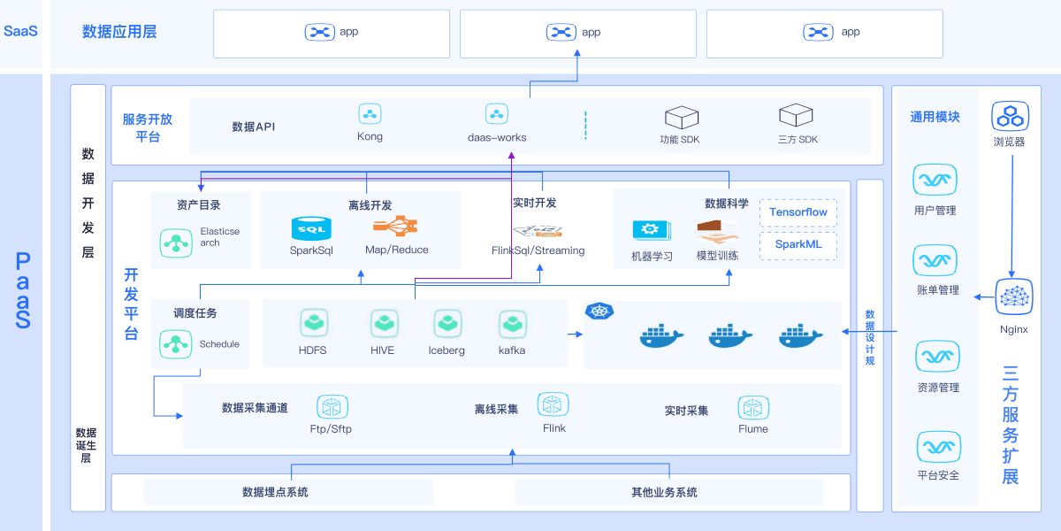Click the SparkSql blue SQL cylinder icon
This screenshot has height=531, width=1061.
[311, 228]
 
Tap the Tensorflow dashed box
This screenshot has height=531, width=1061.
[798, 212]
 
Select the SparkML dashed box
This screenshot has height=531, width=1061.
[798, 245]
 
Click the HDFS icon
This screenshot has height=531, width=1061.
[314, 323]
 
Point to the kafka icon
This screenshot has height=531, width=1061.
[513, 325]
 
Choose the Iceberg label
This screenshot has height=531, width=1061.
[447, 350]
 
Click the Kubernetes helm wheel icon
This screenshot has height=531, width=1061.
[599, 311]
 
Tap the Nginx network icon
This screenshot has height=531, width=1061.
[1014, 296]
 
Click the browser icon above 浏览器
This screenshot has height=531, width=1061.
[1011, 116]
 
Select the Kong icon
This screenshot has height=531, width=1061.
[370, 114]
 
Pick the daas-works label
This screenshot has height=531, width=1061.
[497, 137]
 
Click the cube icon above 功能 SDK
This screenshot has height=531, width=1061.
[682, 117]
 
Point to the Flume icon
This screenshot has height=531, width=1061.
[753, 407]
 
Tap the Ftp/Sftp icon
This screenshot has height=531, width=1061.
[332, 407]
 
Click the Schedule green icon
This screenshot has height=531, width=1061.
[176, 344]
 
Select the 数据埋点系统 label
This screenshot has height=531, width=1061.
[275, 492]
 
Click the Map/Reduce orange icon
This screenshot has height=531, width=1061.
[395, 227]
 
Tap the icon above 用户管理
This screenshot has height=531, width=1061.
[935, 180]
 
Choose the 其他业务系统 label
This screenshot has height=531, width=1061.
[664, 492]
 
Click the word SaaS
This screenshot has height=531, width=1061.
[20, 31]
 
